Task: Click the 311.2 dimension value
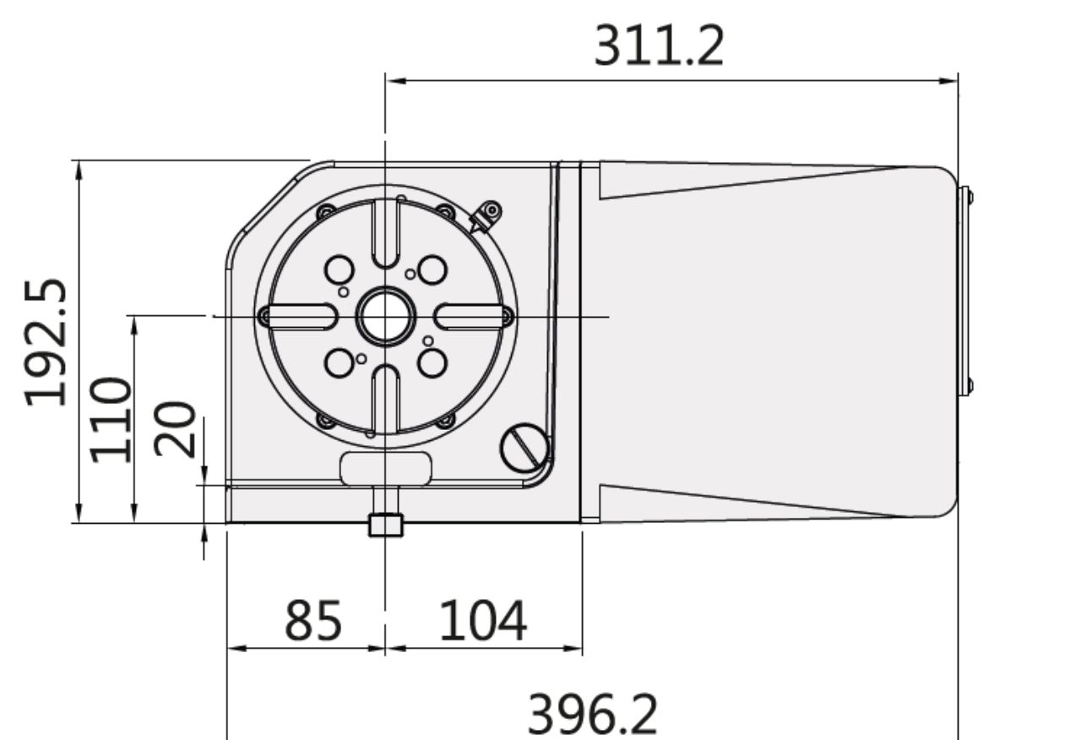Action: (x=659, y=46)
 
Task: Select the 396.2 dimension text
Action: (x=592, y=715)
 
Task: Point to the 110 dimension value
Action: (x=111, y=420)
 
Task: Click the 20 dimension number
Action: (x=175, y=429)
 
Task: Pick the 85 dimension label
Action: (x=313, y=621)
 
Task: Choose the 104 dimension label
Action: (x=482, y=621)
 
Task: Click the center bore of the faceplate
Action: (x=386, y=317)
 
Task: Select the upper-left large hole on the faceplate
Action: (x=340, y=270)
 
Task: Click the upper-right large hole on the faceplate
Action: (x=432, y=270)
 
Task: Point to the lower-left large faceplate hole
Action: (x=340, y=363)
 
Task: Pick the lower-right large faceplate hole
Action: (x=432, y=363)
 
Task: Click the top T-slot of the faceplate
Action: (x=386, y=234)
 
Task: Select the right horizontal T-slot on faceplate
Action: (x=469, y=317)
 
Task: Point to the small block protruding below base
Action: (x=386, y=525)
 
